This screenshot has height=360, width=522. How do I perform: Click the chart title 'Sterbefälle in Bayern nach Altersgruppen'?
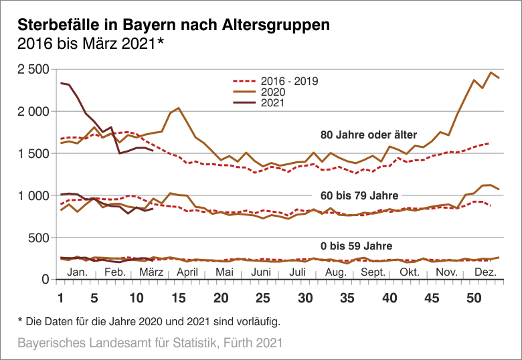point(173,25)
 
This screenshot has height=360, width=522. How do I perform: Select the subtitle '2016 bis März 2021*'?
point(90,43)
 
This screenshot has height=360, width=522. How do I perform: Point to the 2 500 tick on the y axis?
point(33,70)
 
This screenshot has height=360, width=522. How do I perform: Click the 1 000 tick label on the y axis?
point(33,195)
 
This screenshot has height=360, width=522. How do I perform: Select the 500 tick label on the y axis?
point(41,238)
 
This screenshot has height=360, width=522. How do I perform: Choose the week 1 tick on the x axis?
point(61,297)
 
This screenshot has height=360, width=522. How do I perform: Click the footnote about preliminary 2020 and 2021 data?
point(149,322)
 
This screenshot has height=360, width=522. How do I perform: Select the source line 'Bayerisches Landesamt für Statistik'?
point(150,343)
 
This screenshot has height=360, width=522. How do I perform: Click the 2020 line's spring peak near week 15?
point(179,108)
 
